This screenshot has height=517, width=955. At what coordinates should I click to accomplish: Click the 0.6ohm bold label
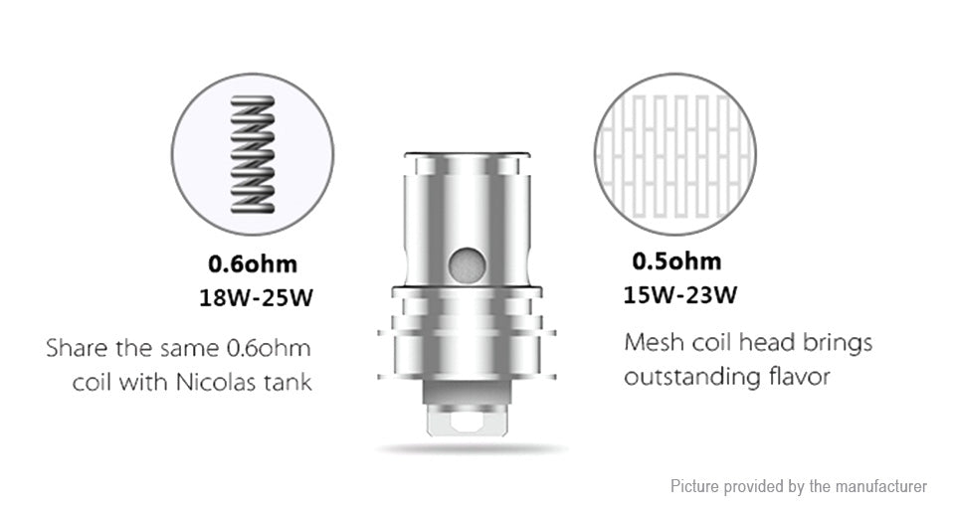(252, 264)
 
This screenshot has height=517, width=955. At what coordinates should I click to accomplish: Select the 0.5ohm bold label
(676, 261)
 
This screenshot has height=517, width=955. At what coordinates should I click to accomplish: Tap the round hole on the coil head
(464, 262)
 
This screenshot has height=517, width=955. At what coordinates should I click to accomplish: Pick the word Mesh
(653, 343)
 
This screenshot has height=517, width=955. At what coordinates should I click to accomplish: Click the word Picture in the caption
(695, 486)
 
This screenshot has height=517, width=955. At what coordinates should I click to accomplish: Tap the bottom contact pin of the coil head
(463, 424)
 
